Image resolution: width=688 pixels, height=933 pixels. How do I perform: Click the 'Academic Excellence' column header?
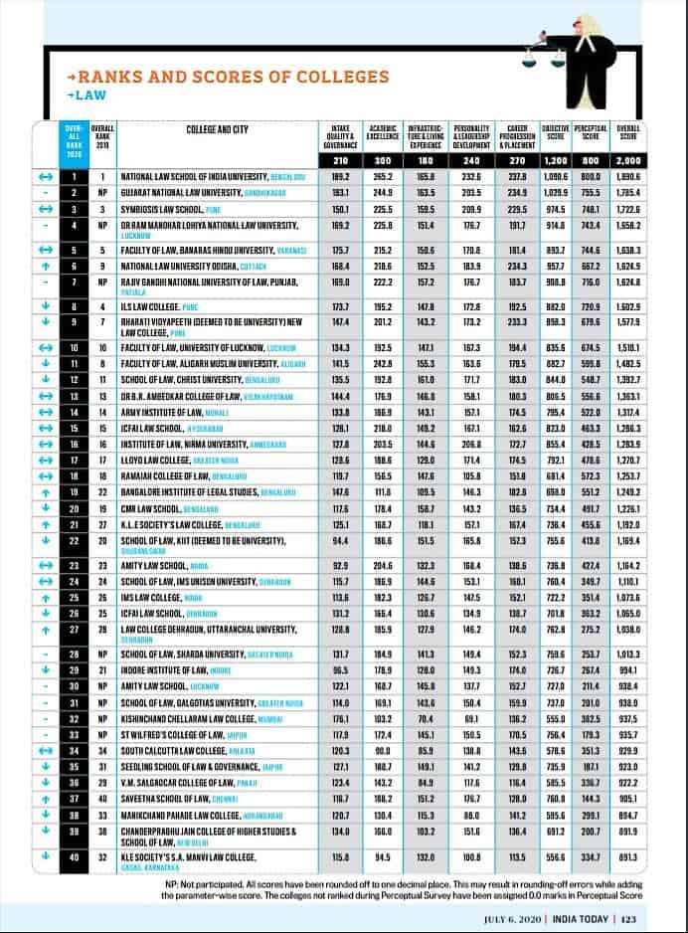[383, 134]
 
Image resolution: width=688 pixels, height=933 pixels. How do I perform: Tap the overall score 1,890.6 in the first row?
[627, 175]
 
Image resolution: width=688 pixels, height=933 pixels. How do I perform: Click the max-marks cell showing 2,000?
[627, 159]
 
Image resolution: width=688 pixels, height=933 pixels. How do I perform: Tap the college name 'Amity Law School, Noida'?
[165, 564]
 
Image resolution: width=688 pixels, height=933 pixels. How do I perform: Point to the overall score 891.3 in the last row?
[627, 856]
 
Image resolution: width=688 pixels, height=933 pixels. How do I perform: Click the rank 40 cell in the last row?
[73, 856]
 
